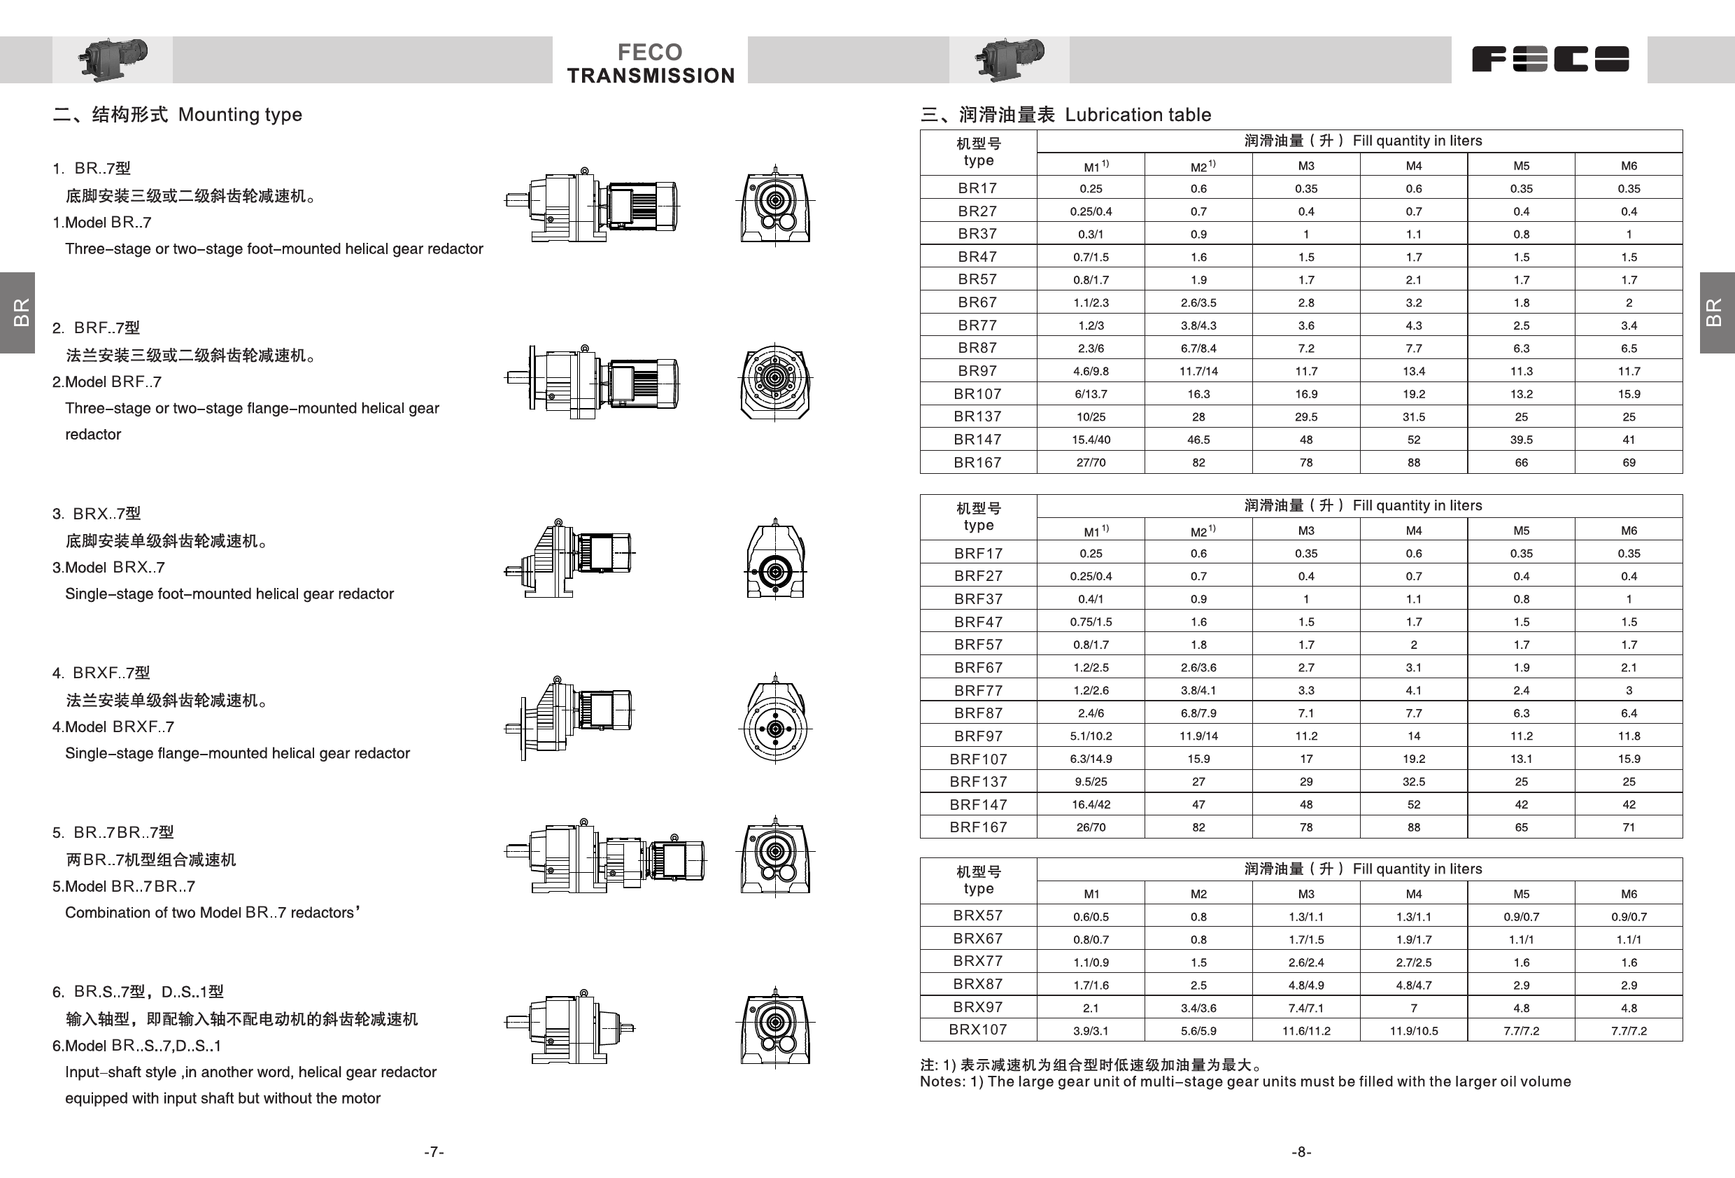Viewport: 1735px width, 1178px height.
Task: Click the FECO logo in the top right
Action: (1550, 59)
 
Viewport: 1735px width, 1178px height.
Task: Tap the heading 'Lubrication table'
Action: (1137, 115)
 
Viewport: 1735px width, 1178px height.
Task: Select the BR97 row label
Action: (977, 371)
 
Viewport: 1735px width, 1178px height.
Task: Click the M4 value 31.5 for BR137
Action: (1413, 417)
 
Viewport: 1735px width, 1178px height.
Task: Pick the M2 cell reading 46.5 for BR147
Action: (1198, 440)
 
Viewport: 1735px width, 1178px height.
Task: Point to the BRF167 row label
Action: (978, 827)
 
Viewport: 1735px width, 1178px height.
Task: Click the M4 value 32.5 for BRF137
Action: (1413, 782)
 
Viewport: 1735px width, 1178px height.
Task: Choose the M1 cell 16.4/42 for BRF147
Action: (1091, 805)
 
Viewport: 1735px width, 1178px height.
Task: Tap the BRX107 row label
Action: (978, 1030)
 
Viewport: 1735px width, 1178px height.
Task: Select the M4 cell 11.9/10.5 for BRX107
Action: (1413, 1031)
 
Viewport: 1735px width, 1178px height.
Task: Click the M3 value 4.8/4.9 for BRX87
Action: (1305, 986)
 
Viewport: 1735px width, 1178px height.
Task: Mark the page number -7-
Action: (434, 1152)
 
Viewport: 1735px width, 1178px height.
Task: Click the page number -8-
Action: (1301, 1152)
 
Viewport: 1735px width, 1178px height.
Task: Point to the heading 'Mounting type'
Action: (240, 115)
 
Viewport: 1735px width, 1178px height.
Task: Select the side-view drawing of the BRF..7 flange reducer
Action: (591, 381)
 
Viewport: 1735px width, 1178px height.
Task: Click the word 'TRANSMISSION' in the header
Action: (650, 76)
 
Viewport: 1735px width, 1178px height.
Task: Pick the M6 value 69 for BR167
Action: (1628, 463)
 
